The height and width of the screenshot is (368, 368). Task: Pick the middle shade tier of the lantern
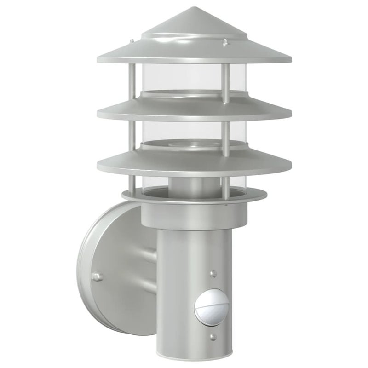[193, 109]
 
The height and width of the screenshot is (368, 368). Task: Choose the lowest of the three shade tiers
[193, 162]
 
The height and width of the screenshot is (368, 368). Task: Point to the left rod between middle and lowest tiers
[132, 136]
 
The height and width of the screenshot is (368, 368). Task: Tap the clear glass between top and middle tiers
[184, 78]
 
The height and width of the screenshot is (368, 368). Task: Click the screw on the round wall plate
[97, 276]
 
